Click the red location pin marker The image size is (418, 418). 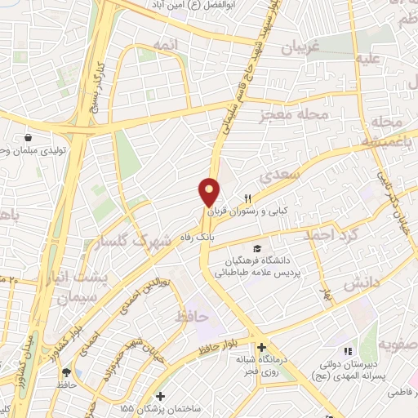(x=209, y=193)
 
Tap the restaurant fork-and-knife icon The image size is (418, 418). (x=249, y=198)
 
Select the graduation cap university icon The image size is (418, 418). (x=258, y=247)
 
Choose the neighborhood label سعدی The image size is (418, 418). (x=274, y=176)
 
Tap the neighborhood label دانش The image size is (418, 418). (x=361, y=285)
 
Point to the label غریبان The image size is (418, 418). (x=289, y=48)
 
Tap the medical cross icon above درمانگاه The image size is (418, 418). (x=260, y=346)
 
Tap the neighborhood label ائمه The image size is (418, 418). (x=163, y=49)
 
